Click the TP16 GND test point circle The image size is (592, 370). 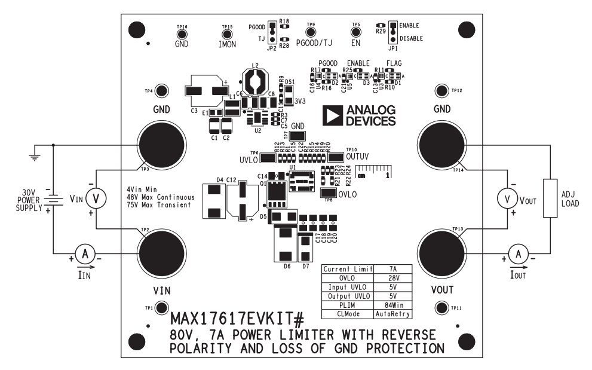182,33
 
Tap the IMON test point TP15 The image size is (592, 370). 227,33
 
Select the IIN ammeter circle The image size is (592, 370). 85,255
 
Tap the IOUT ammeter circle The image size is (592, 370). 519,255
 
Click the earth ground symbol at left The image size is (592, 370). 35,156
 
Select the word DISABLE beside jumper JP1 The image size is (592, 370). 411,38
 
